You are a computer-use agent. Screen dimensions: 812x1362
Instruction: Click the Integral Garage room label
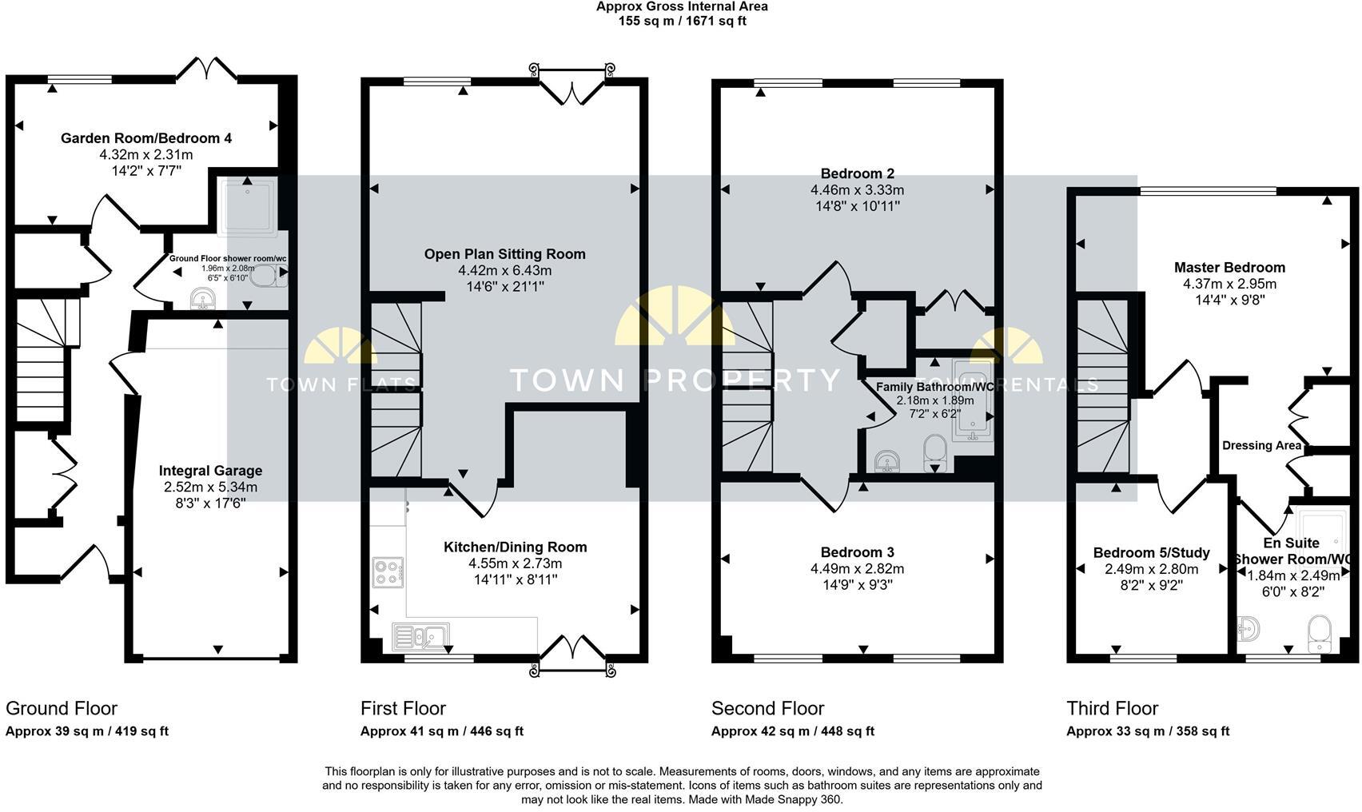coord(210,471)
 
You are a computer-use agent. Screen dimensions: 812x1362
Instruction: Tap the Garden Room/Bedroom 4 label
coord(146,138)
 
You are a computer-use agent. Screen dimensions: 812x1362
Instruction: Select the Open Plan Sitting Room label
coord(504,254)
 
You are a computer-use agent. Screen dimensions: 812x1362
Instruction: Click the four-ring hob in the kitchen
coord(388,572)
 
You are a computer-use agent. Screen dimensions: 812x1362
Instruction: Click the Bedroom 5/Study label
coord(1151,553)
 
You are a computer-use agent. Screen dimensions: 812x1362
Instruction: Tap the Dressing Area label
coord(1261,445)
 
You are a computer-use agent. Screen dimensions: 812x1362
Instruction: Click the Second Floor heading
coord(767,708)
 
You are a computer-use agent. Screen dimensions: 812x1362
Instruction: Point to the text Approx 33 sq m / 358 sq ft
coord(1148,730)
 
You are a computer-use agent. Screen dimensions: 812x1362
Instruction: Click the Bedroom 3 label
coord(857,552)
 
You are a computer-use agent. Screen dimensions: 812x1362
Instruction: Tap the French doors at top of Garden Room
coord(207,70)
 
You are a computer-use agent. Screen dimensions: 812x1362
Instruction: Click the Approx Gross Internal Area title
coord(681,6)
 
